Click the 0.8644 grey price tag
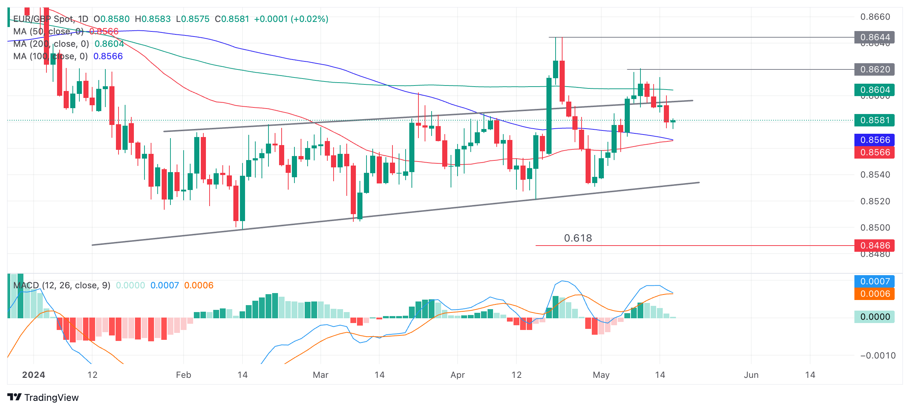point(874,37)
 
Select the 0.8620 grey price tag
point(874,69)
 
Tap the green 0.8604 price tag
point(874,90)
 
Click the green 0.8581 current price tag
point(874,120)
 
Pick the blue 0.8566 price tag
point(874,140)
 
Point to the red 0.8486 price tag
point(874,246)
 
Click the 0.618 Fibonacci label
point(578,238)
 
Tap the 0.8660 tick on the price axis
point(875,17)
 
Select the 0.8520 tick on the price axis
point(875,201)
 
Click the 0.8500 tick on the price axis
point(875,228)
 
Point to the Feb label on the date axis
point(183,375)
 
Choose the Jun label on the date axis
point(751,375)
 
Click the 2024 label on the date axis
point(34,375)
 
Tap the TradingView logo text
point(51,398)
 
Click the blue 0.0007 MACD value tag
point(874,281)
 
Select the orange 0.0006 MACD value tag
point(874,294)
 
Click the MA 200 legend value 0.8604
point(109,44)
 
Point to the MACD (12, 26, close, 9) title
point(62,285)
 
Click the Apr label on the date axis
point(457,375)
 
